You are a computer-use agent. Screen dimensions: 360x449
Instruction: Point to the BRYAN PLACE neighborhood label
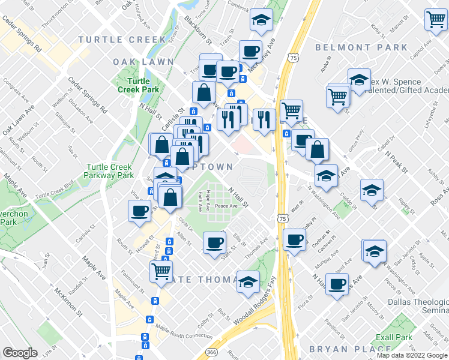tap(349, 349)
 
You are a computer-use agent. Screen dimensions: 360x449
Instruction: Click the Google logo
tap(20, 353)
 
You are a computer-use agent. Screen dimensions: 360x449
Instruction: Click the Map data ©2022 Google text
tap(412, 355)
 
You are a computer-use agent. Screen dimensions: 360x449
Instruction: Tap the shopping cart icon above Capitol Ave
tap(436, 19)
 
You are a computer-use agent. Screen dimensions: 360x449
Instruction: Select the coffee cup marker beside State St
tap(214, 243)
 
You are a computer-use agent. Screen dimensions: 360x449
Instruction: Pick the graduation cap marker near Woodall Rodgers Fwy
tap(247, 282)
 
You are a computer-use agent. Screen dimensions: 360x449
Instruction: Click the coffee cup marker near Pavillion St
tap(337, 283)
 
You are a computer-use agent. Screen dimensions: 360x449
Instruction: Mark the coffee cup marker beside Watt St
tap(294, 239)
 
